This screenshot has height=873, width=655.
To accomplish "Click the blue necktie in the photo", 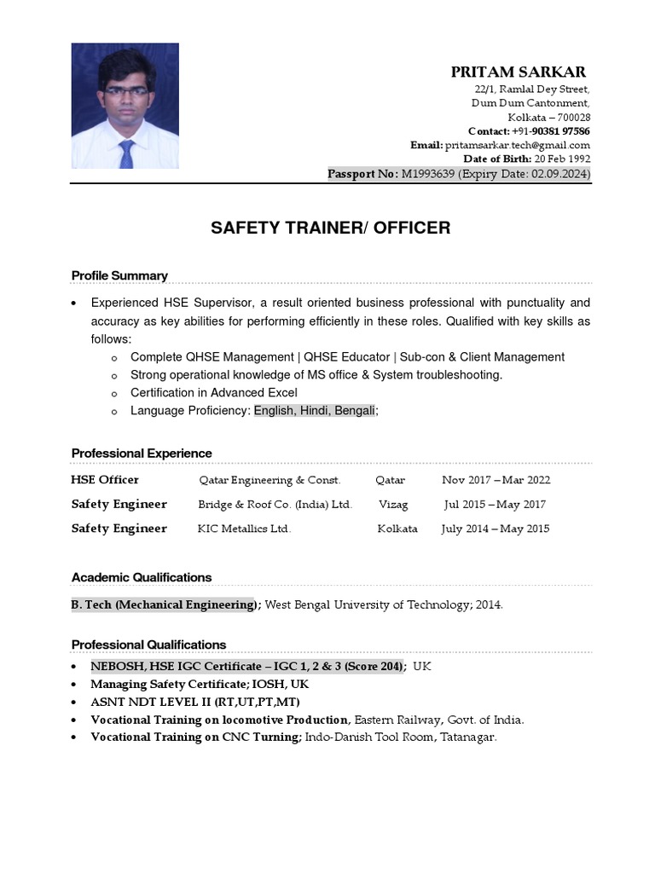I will point(126,153).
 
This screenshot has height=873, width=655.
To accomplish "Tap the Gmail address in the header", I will point(517,145).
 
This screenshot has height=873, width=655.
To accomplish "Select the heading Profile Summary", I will point(119,275).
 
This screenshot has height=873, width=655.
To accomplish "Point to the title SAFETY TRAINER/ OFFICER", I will point(331,228).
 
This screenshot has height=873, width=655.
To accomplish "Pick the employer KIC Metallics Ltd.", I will point(244,529).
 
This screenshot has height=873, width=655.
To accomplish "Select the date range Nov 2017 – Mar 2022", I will point(496,480).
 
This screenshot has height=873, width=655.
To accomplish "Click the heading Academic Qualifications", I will point(142,577).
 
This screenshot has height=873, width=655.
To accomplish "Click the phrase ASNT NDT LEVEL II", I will point(146,702).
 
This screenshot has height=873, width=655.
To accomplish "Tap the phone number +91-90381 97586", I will point(551,131).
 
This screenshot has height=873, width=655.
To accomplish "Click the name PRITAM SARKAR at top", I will point(519,72).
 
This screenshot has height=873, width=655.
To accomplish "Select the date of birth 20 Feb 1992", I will point(562,159).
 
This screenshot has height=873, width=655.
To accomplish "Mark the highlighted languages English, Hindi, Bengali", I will point(315,410).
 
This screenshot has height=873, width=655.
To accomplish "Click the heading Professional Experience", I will point(142,453).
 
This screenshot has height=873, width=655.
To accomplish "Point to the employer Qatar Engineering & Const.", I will point(270,480).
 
